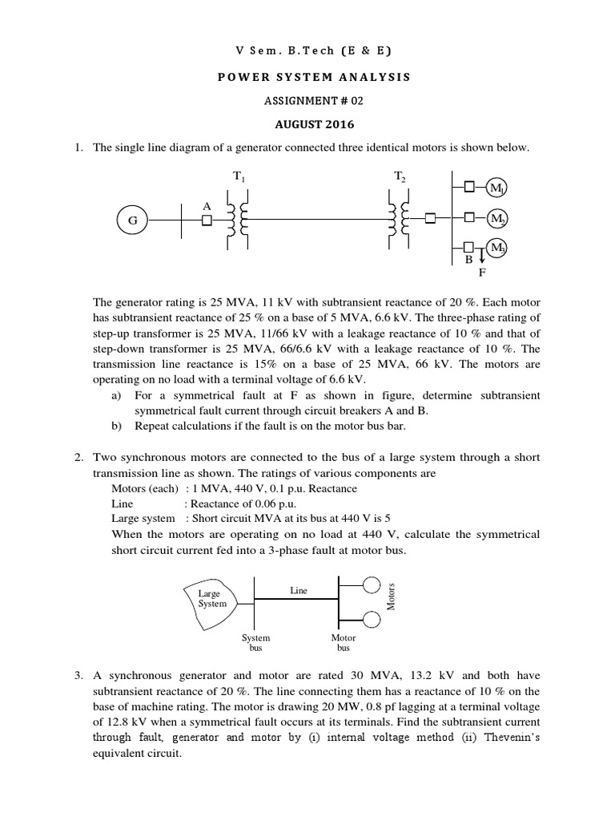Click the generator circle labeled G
[x=132, y=218]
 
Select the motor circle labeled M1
[x=497, y=188]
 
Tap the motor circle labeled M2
[x=497, y=218]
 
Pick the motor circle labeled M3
[x=497, y=248]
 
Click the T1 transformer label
[x=237, y=176]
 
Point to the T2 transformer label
[x=400, y=176]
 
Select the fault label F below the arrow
[x=482, y=272]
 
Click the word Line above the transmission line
[x=298, y=590]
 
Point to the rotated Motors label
[x=392, y=597]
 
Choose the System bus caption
[x=255, y=642]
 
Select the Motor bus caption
[x=344, y=642]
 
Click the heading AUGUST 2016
[x=307, y=124]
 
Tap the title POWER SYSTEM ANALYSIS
[x=307, y=77]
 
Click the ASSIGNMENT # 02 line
[x=307, y=101]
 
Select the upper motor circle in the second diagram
[x=371, y=585]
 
